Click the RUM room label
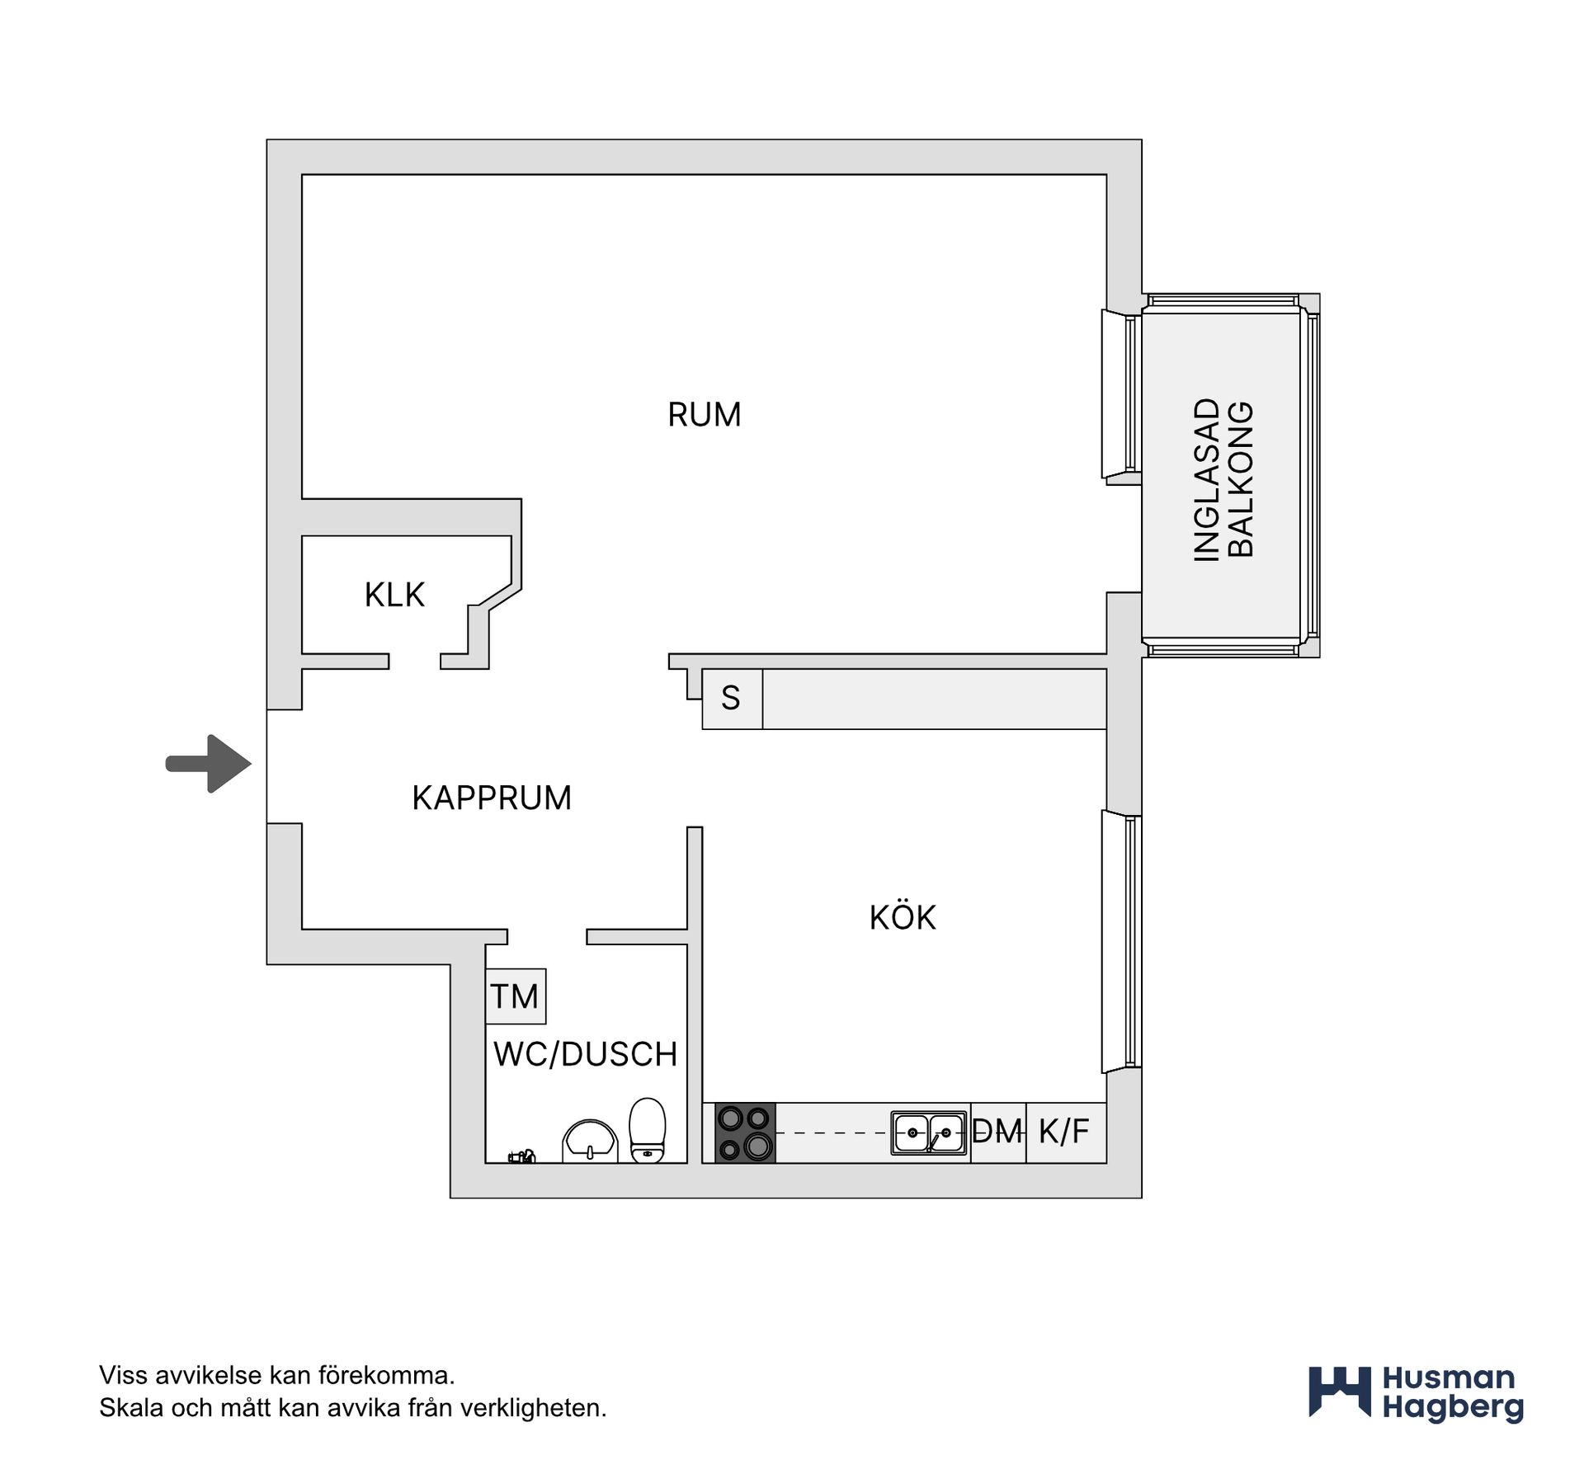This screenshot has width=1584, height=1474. tap(704, 414)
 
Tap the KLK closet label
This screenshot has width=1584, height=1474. tap(394, 595)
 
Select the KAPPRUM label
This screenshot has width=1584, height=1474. tap(492, 798)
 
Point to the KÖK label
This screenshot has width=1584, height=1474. tap(903, 916)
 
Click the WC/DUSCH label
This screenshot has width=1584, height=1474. tap(586, 1054)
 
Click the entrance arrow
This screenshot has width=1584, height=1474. tap(209, 764)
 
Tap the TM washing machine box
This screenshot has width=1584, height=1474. tap(516, 996)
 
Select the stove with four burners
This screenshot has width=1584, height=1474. tap(745, 1133)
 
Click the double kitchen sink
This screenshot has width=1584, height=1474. tap(929, 1133)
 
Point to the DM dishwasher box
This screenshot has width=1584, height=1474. tap(998, 1133)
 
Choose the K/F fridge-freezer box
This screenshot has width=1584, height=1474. tap(1066, 1133)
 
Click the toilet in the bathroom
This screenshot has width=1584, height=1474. tap(647, 1130)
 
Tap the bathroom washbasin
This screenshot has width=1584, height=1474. tap(590, 1142)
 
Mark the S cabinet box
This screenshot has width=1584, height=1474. tap(732, 699)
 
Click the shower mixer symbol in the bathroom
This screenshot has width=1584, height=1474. tap(521, 1156)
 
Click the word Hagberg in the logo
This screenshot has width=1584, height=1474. tap(1453, 1408)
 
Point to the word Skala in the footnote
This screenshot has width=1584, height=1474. tap(131, 1408)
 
